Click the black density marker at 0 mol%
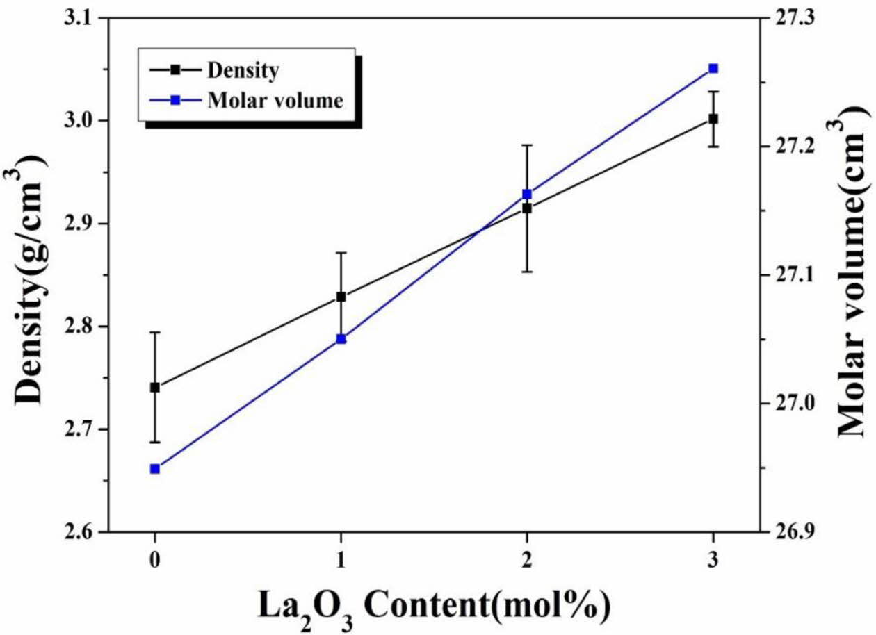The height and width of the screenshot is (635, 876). click(155, 387)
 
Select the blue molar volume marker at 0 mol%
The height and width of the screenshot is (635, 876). click(155, 469)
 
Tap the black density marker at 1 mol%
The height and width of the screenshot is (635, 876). click(341, 297)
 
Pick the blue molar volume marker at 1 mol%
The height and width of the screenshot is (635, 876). click(341, 339)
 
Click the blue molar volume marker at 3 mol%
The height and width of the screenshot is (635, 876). click(713, 68)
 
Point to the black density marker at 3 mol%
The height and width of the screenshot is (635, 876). click(713, 119)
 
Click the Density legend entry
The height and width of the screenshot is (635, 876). click(240, 70)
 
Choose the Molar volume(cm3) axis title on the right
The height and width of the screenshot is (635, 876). click(854, 275)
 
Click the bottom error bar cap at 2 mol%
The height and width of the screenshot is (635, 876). click(527, 272)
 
